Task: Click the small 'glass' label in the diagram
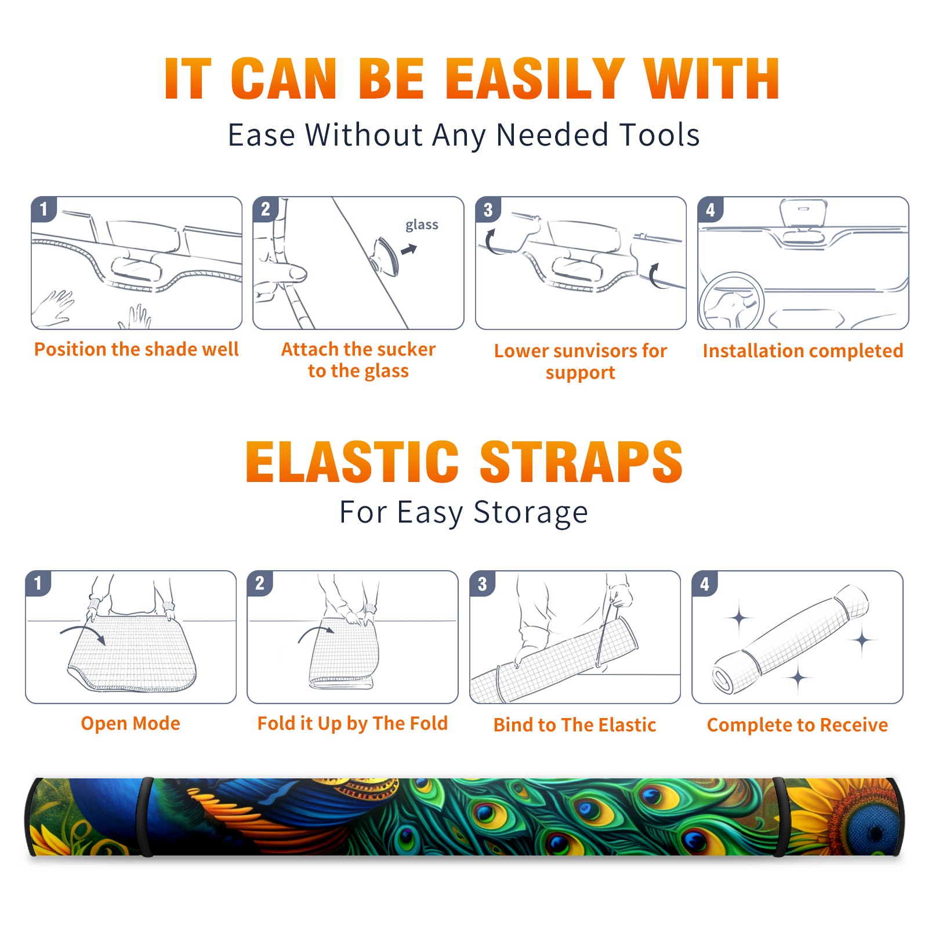[422, 224]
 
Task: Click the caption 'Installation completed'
[803, 350]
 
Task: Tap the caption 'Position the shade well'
[136, 349]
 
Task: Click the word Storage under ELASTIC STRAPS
[531, 513]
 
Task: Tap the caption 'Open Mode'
[130, 723]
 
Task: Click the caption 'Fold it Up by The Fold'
[353, 723]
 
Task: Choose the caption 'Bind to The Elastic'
[575, 724]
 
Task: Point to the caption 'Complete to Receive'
[797, 724]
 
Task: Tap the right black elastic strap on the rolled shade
[781, 817]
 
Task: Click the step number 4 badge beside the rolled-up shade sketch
[705, 583]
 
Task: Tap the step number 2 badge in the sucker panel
[266, 209]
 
